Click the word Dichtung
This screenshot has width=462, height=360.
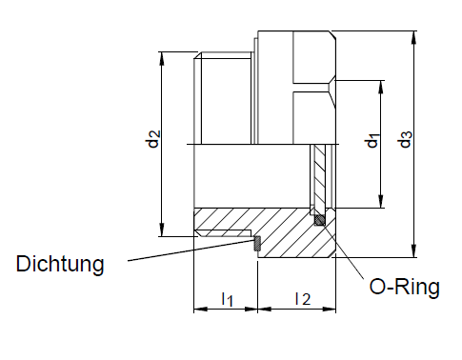[60, 264]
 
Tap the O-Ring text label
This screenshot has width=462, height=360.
[404, 287]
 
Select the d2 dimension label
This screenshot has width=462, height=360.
[153, 139]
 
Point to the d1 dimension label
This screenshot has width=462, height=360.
[372, 141]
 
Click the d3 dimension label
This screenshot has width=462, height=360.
[406, 139]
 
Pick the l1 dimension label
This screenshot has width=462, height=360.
[227, 299]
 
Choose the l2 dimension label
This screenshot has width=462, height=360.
[303, 299]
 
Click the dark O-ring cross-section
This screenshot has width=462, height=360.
[319, 220]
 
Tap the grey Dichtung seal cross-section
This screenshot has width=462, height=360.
[256, 244]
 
